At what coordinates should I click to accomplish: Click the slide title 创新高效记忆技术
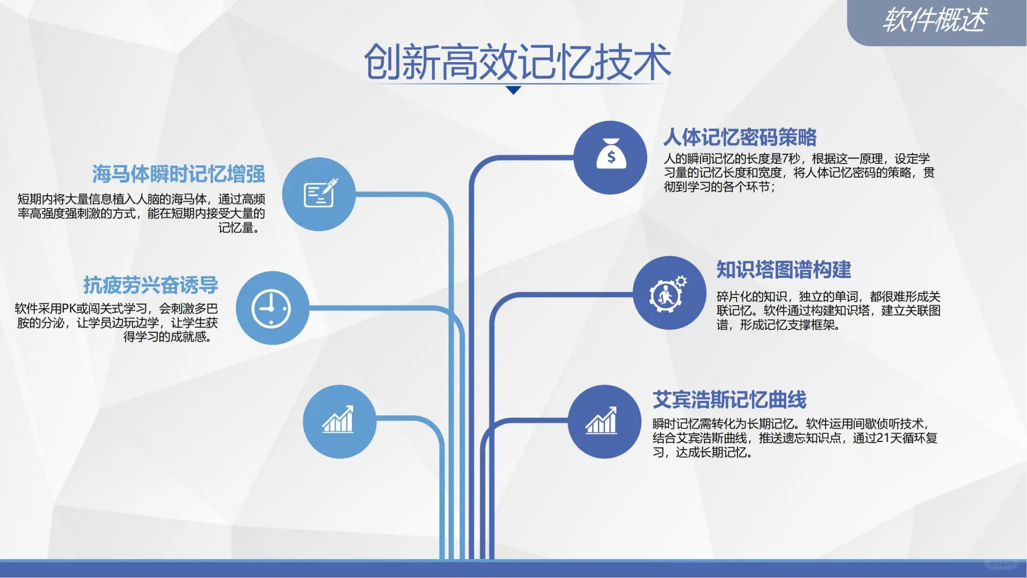pyautogui.click(x=517, y=62)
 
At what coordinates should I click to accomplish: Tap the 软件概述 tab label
pyautogui.click(x=934, y=20)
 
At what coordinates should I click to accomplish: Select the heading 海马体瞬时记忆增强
pyautogui.click(x=179, y=174)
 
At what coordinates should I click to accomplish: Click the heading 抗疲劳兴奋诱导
pyautogui.click(x=151, y=285)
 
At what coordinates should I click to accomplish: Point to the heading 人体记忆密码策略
pyautogui.click(x=740, y=138)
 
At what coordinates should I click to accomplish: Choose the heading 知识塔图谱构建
pyautogui.click(x=784, y=270)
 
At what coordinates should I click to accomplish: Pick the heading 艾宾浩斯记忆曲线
pyautogui.click(x=729, y=400)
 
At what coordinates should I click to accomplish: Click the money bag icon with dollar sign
pyautogui.click(x=611, y=156)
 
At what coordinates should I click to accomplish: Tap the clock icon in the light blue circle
pyautogui.click(x=271, y=308)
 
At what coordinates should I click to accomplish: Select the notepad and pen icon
pyautogui.click(x=320, y=193)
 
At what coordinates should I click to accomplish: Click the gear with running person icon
pyautogui.click(x=668, y=294)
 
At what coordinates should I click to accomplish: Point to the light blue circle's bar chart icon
pyautogui.click(x=338, y=420)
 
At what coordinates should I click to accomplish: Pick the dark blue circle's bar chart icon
pyautogui.click(x=602, y=421)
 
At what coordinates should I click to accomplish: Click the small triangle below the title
pyautogui.click(x=513, y=90)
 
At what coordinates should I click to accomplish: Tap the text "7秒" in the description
pyautogui.click(x=791, y=159)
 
